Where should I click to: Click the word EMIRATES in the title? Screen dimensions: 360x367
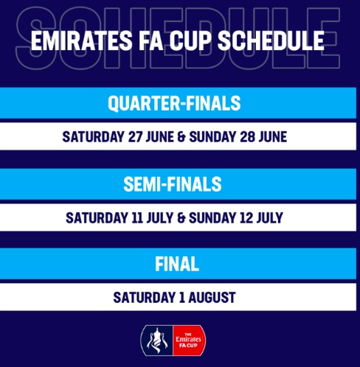coord(82,41)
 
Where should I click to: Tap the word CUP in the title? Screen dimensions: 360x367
coord(190,41)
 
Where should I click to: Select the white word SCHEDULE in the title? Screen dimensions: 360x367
coord(271,41)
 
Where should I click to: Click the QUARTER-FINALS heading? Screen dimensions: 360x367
coord(174,103)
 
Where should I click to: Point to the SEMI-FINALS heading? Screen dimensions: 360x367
coord(173,184)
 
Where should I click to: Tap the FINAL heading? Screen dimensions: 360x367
coord(177,264)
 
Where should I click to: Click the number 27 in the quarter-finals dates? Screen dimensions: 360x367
coord(135,136)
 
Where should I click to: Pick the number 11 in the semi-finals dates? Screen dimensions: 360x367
coord(137,217)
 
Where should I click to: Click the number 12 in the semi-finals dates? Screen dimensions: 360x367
coord(246,217)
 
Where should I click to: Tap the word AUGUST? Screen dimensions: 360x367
coord(212,298)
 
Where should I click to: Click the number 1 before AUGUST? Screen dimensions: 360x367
coord(182,298)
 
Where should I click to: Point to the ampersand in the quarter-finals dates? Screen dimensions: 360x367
coord(181,137)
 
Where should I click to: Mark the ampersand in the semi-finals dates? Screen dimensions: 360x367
coord(181,218)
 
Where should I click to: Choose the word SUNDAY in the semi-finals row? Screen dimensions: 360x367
coord(212,217)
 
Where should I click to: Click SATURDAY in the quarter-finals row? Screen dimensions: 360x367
coord(93,136)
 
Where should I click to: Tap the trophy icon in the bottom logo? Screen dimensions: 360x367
coord(157,340)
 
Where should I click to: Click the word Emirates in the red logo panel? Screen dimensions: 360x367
coord(188,339)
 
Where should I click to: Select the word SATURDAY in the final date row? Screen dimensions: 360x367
coord(144,298)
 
